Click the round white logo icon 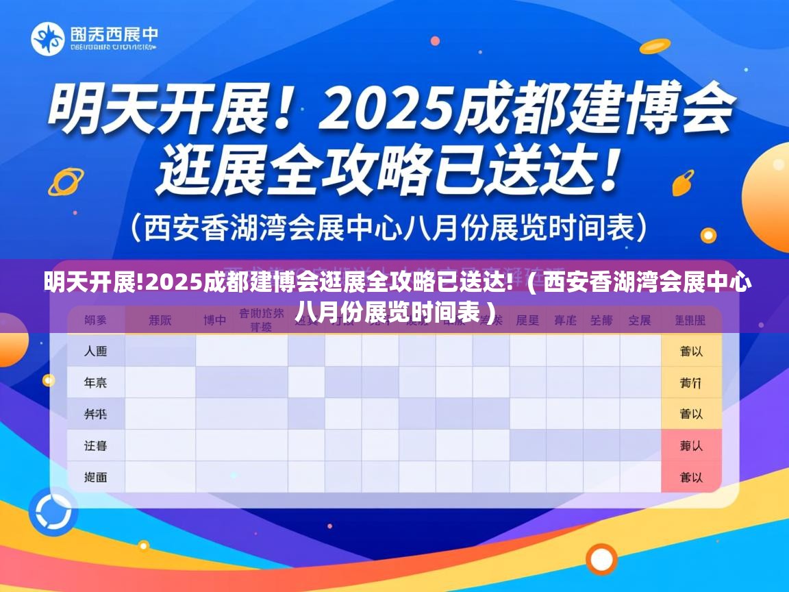click(x=47, y=39)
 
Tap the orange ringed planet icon click(x=66, y=182)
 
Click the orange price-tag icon click(x=683, y=182)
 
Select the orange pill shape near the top click(x=653, y=46)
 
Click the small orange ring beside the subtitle click(x=709, y=236)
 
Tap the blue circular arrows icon click(x=53, y=511)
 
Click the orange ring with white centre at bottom click(x=601, y=558)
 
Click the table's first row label click(x=96, y=351)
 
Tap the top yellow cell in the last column click(x=691, y=351)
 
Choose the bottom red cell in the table click(x=691, y=477)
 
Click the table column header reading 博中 click(x=215, y=320)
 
